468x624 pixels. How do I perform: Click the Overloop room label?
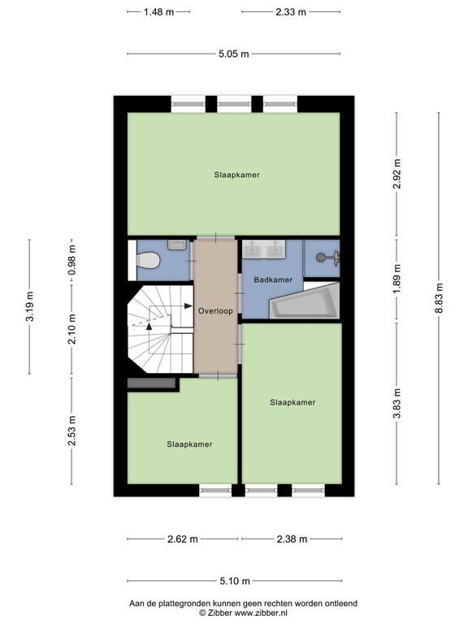coord(215,311)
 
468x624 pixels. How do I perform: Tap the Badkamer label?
coord(273,279)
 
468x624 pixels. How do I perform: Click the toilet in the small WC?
coord(148,261)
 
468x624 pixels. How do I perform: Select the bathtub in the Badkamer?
coord(305,301)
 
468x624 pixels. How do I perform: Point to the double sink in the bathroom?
coord(264,249)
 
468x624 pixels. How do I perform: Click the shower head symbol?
coord(328,258)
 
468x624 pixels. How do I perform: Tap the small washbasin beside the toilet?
coord(177,245)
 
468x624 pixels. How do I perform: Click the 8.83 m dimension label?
coord(439,298)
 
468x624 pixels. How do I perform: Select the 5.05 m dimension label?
coord(234,54)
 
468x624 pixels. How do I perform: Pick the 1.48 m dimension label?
coord(158,12)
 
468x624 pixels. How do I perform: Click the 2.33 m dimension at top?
coord(291,12)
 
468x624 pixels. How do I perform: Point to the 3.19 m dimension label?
coord(29,306)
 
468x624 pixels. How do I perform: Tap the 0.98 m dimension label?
coord(71,260)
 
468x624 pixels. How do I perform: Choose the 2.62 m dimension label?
coord(183,539)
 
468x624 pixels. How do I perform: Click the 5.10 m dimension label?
coord(235,581)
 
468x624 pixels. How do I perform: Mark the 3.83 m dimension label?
coord(396,404)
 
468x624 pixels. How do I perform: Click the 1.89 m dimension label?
coord(396,279)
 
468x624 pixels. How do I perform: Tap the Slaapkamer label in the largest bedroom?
coord(236,175)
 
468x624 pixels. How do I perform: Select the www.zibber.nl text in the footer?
coord(261,613)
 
